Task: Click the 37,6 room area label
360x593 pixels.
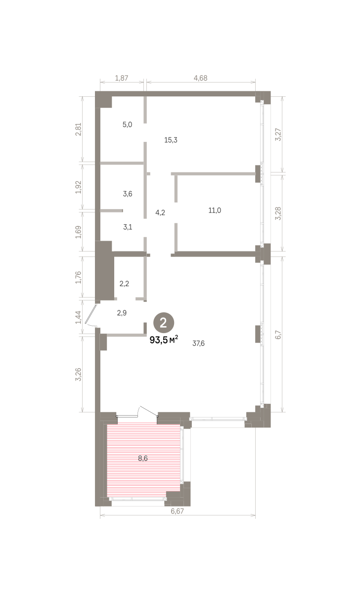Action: [x=198, y=343]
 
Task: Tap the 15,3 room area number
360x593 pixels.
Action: [x=171, y=140]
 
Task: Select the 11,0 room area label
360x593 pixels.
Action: [x=215, y=211]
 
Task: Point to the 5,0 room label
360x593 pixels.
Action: [x=127, y=125]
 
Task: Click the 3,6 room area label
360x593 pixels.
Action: [x=128, y=194]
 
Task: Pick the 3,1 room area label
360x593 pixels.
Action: [x=128, y=227]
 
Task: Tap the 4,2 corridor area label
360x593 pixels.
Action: [x=160, y=212]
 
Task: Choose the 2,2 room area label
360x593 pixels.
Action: [x=124, y=284]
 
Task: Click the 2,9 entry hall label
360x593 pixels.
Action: [x=122, y=313]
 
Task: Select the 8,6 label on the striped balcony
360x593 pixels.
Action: [x=143, y=458]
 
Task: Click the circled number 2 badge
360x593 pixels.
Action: [x=164, y=323]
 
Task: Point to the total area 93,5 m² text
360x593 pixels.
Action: [x=164, y=339]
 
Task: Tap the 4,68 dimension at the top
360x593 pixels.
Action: [x=201, y=78]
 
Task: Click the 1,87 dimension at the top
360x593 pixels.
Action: [x=122, y=78]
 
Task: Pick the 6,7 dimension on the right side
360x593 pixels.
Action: [x=278, y=335]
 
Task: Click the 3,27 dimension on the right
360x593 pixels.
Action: [x=278, y=134]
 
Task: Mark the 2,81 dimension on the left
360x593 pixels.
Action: [x=79, y=129]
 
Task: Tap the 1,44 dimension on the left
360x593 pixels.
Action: [x=79, y=317]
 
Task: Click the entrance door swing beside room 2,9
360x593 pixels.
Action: [x=91, y=316]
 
